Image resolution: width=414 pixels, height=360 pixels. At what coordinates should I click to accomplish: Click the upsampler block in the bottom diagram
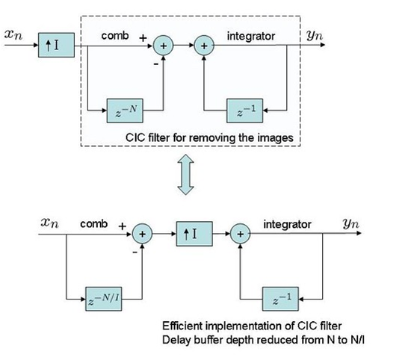coord(191,234)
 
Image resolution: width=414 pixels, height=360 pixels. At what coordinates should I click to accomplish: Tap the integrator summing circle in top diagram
coord(203,45)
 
